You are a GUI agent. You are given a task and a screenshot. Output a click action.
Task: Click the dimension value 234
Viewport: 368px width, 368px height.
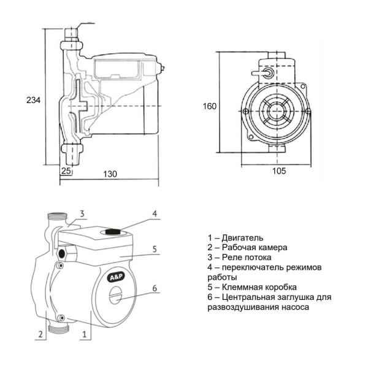click(31, 99)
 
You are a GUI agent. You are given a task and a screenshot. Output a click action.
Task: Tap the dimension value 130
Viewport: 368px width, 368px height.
click(110, 174)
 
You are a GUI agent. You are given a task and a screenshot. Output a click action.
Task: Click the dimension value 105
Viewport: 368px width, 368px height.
click(279, 172)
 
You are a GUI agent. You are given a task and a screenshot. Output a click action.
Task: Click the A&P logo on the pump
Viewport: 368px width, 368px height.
click(117, 277)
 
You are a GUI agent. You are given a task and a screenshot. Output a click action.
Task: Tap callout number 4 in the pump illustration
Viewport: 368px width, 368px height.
click(155, 214)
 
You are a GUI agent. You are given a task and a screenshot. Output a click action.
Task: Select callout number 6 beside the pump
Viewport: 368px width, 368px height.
click(155, 288)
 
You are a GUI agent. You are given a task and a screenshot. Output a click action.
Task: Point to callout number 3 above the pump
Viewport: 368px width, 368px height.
click(80, 214)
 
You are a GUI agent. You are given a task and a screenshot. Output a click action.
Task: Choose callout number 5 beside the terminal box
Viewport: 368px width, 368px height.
click(155, 248)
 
